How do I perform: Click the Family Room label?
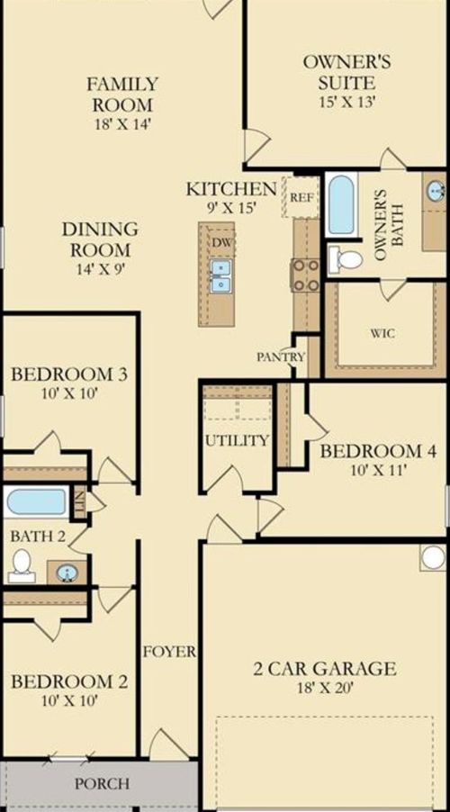tap(122, 95)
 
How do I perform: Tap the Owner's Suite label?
tap(346, 72)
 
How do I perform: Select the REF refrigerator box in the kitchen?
tap(301, 196)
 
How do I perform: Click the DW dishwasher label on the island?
tap(220, 241)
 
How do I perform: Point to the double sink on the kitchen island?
tap(220, 275)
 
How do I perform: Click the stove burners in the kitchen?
tap(305, 275)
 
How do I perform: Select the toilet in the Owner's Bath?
tap(345, 260)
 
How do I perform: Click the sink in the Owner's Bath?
tap(435, 191)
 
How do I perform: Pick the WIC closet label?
tap(382, 333)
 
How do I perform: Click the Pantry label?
tap(281, 356)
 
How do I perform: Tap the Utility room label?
tap(237, 440)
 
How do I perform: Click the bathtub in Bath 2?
tap(36, 501)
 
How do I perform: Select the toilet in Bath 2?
tap(22, 564)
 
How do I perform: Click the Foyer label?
tap(169, 651)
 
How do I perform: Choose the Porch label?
tap(101, 783)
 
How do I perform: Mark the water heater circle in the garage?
tap(433, 557)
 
